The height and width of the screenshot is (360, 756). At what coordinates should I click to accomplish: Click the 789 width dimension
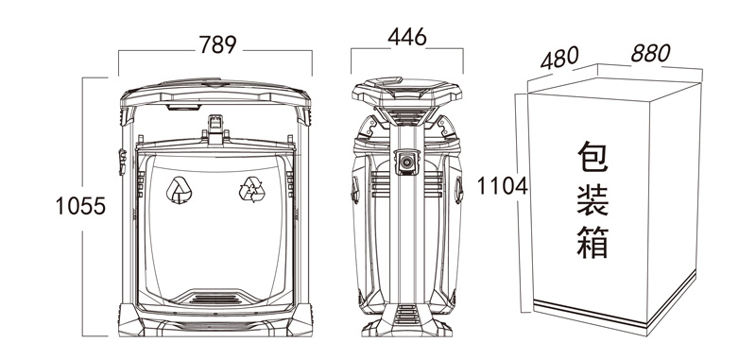(218, 44)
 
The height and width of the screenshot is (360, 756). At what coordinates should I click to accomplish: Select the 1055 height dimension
(80, 206)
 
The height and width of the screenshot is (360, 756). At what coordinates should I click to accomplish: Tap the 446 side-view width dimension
(407, 37)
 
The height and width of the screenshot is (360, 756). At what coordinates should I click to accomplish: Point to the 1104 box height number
(503, 186)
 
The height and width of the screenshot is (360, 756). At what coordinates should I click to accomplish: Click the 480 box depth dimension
(559, 58)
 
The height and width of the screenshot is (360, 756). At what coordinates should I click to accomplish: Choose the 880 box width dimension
(650, 53)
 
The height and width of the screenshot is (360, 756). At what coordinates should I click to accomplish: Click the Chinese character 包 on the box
(593, 157)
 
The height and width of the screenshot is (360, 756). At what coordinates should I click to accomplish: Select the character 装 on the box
(593, 199)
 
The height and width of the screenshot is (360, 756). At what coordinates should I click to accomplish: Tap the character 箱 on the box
(593, 242)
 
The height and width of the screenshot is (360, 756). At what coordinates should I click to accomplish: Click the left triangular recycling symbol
(179, 190)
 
